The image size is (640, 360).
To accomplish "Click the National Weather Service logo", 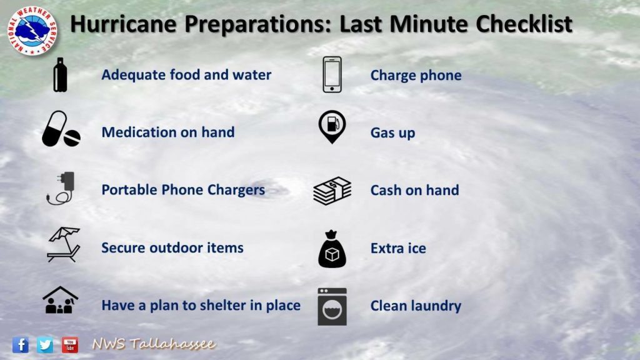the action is point(32,31).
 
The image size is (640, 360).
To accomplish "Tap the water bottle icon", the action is point(60,75).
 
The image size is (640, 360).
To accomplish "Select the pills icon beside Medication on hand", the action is point(61,129).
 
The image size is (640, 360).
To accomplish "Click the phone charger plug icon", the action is point(61,187).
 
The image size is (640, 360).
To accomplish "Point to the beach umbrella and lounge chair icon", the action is point(63,244).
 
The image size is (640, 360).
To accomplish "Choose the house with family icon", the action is point(61,300).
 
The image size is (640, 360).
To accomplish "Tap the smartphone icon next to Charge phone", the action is point(332,75).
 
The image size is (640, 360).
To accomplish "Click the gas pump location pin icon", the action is point(332,126).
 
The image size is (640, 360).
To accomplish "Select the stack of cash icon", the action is point(332,191).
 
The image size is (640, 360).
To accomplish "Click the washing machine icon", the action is point(332,306).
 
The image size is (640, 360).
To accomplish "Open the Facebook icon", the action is point(21,345).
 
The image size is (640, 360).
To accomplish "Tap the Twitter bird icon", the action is point(45,345).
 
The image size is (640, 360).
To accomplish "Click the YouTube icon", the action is point(70,345).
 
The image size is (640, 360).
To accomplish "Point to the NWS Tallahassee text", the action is point(154,344).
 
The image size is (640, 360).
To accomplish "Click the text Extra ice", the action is point(398,248).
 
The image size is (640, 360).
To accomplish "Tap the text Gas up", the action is point(392,133).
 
